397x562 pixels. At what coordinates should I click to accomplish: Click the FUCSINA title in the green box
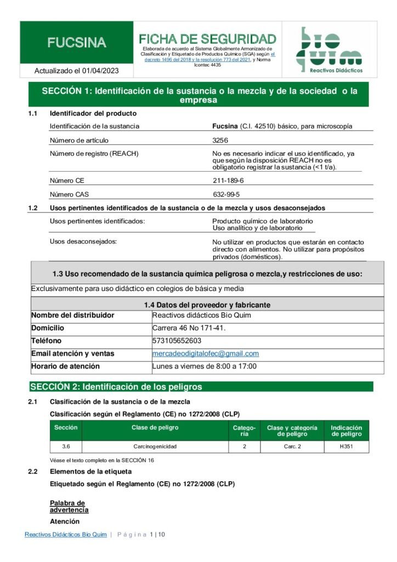[77, 43]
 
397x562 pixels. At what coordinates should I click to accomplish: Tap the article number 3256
[220, 140]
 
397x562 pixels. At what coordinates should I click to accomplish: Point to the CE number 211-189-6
[228, 181]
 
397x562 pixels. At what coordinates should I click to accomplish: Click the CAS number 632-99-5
[226, 194]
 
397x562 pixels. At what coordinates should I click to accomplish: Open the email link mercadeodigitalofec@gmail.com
[206, 353]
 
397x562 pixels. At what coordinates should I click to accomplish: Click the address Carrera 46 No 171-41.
[189, 328]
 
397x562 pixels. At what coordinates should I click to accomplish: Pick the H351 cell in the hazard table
[347, 447]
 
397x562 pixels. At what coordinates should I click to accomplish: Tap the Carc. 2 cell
[292, 447]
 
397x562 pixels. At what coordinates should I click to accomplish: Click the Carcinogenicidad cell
[155, 447]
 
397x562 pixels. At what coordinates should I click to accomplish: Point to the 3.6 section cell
[65, 447]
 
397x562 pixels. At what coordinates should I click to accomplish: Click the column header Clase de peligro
[155, 428]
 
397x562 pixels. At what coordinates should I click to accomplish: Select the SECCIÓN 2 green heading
[116, 387]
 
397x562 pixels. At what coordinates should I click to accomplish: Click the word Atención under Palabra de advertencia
[65, 521]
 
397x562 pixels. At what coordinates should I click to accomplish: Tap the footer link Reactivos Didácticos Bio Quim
[65, 535]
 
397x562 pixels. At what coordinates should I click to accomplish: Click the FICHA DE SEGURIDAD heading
[207, 39]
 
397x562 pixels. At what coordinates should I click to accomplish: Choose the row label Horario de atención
[65, 366]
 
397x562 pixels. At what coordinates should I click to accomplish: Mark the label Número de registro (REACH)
[94, 154]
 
